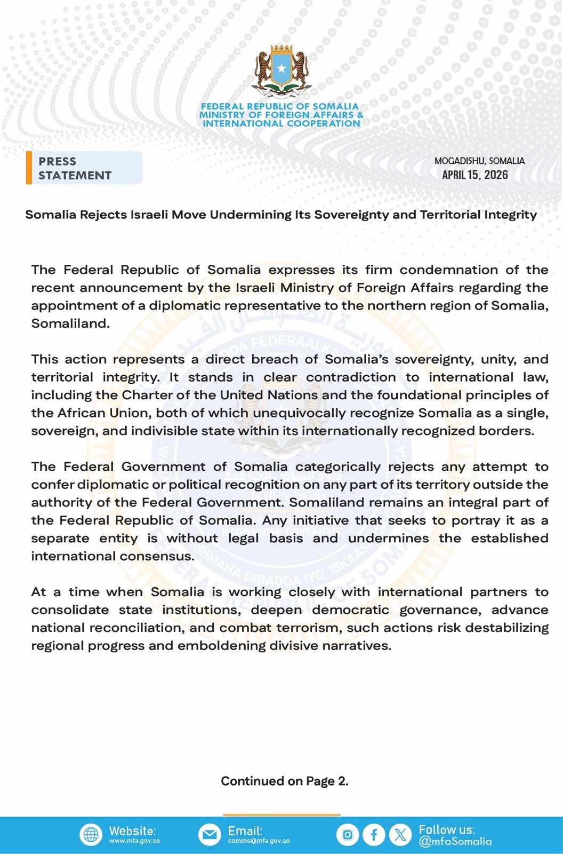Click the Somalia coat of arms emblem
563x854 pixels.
pos(281,72)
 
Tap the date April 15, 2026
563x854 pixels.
pos(475,175)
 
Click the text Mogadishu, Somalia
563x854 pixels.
pos(479,161)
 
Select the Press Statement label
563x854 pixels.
pos(75,168)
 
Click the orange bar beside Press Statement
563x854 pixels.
pos(29,168)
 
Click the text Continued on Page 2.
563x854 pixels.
pos(284,781)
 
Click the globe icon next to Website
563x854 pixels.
pos(91,834)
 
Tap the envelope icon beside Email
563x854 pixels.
pos(210,834)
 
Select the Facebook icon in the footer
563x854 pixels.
pos(374,835)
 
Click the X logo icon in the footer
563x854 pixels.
pos(400,835)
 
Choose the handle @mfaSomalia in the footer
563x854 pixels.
pos(455,842)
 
